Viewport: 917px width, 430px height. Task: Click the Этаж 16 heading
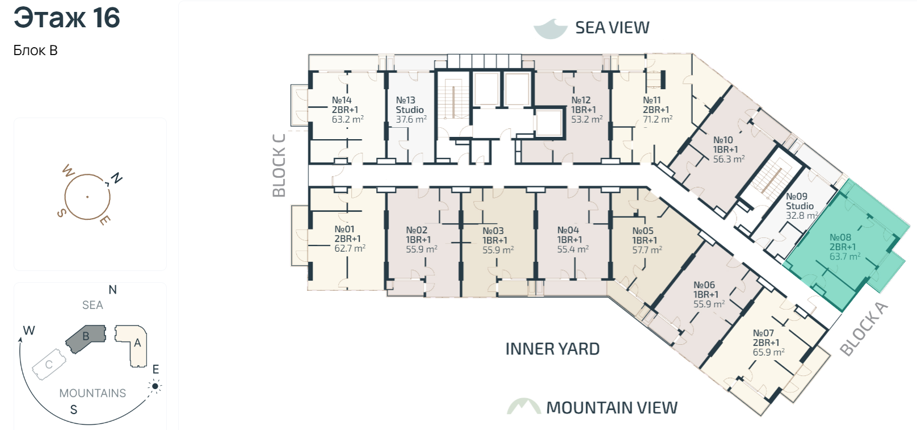coord(67,18)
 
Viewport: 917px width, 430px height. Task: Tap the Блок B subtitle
coord(35,51)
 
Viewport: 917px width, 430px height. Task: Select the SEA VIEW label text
coord(612,27)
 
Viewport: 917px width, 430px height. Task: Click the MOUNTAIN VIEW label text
coord(612,407)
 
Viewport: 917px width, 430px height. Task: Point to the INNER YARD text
coord(552,349)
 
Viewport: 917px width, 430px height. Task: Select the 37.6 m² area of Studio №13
coord(411,119)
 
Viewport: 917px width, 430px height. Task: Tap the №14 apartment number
coord(342,100)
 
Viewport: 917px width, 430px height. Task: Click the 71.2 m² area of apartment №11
coord(658,119)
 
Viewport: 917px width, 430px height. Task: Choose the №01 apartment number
coord(344,229)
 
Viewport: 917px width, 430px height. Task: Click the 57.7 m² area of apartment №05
coord(647,249)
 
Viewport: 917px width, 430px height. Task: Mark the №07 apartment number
coord(763,333)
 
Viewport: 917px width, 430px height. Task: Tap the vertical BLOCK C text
coord(279,165)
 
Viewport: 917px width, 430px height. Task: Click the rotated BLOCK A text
coord(864,329)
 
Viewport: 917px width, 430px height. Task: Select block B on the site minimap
coord(86,339)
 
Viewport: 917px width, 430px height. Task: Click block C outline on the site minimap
coord(49,365)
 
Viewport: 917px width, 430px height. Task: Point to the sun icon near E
coord(155,386)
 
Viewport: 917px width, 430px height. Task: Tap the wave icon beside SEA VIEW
coord(550,29)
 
